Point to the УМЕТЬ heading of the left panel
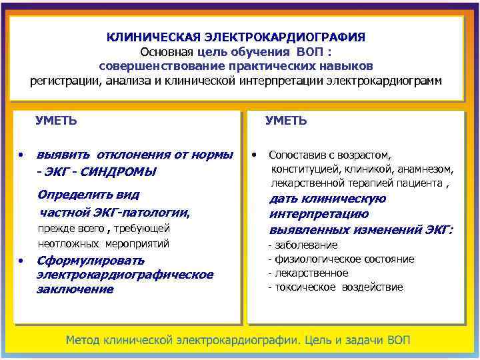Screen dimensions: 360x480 tap(56, 121)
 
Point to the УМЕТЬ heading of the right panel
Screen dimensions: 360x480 tap(286, 121)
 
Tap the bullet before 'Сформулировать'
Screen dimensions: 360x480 tap(22, 260)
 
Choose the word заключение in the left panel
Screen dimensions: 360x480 tap(75, 289)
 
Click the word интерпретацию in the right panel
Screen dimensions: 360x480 tap(319, 215)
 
